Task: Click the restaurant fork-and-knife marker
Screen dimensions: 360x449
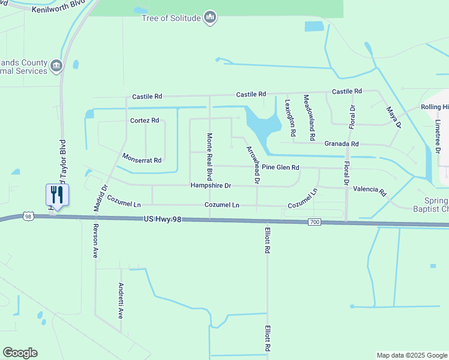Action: pos(58,194)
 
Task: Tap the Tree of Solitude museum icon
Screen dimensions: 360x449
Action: pos(209,18)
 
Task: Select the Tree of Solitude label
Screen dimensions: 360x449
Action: pos(170,18)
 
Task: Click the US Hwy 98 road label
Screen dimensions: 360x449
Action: pos(162,221)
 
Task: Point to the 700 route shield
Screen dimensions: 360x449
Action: pos(315,223)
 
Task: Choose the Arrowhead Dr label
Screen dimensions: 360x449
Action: pos(253,164)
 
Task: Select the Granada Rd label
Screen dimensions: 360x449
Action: pos(341,144)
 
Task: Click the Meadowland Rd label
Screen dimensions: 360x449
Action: pos(309,117)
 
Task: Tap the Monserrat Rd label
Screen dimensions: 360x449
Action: pos(142,160)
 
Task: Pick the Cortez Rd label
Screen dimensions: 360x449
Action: pos(144,121)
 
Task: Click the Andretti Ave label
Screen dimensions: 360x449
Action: pos(121,300)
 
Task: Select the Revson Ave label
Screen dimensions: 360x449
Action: pos(95,241)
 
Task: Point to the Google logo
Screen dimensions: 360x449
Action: pos(20,353)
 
